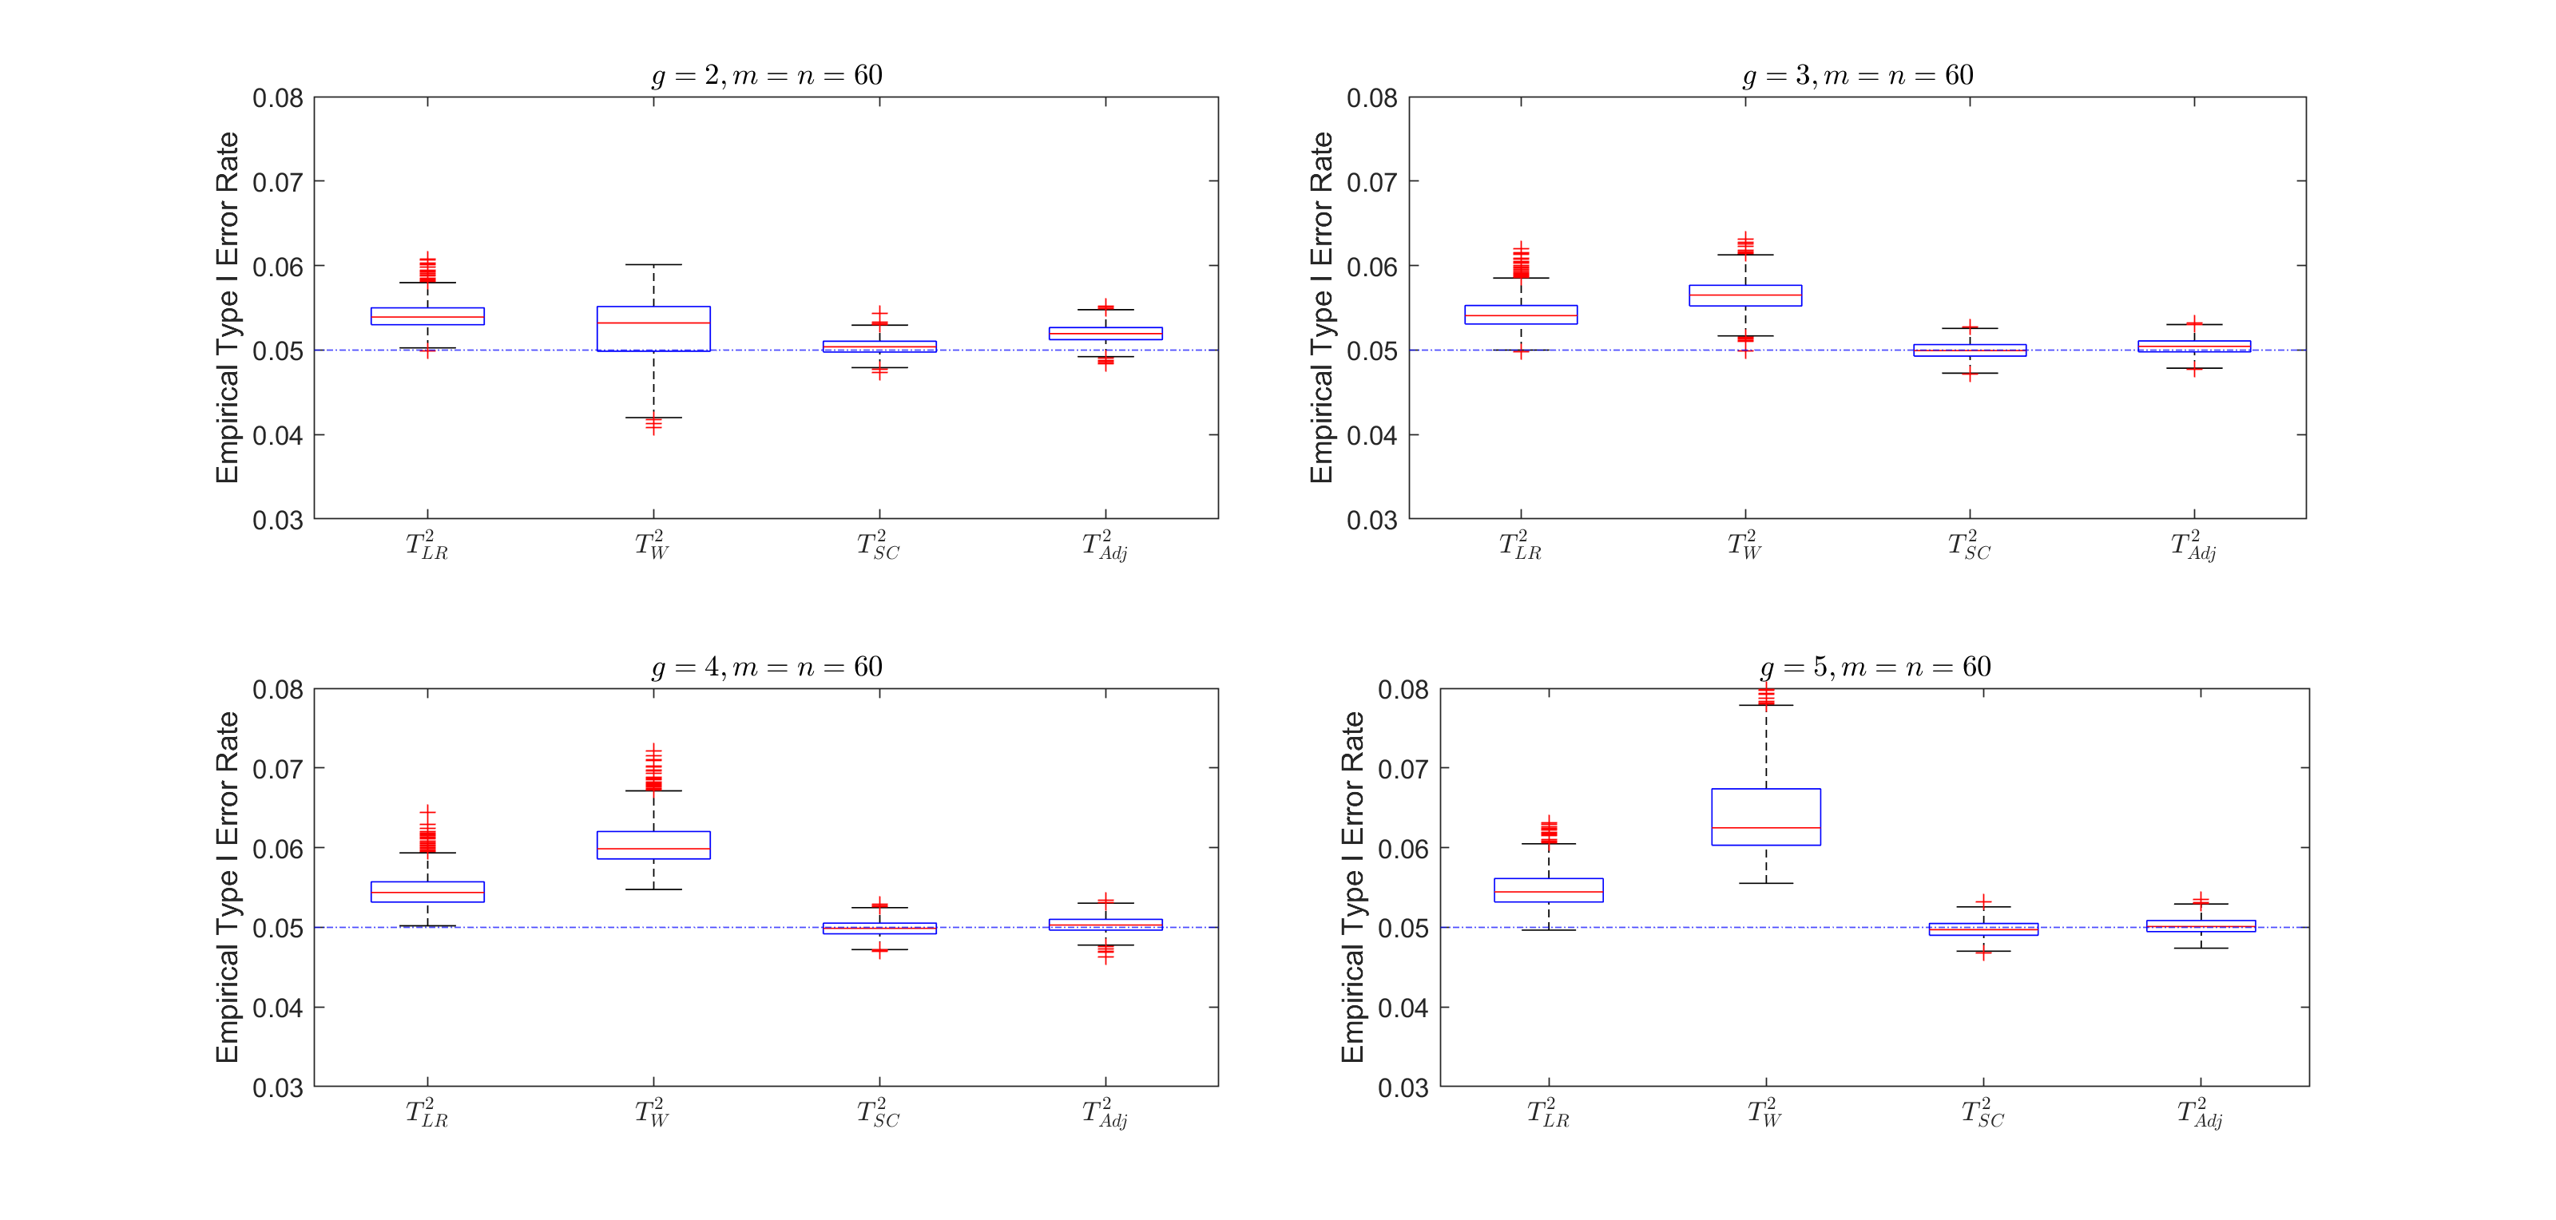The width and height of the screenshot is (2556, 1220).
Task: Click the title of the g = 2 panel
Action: (767, 75)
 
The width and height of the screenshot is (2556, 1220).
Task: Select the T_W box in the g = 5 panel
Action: (1765, 816)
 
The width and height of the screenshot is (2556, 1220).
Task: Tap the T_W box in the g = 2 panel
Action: (653, 328)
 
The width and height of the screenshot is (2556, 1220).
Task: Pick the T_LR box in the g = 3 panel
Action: (1520, 315)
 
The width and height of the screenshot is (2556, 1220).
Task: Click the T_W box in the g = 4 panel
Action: (653, 845)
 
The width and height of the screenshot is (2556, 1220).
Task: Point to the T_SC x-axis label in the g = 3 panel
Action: (1969, 545)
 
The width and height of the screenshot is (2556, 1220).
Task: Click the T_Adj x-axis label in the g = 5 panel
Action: (2200, 1113)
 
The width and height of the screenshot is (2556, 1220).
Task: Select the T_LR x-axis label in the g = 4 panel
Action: (427, 1113)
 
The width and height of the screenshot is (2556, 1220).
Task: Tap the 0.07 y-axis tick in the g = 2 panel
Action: (278, 183)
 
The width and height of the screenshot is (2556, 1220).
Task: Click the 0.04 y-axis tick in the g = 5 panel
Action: (1403, 1008)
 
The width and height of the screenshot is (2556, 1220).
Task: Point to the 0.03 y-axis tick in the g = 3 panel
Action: (1372, 520)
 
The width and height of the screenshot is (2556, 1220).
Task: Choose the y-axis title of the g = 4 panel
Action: (227, 887)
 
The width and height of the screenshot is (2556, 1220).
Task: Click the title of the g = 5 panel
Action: (1875, 667)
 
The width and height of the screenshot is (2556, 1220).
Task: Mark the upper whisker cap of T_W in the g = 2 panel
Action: (653, 265)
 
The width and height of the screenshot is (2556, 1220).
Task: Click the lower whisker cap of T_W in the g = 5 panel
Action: (1765, 883)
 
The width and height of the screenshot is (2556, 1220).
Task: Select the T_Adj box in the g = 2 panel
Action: (1105, 333)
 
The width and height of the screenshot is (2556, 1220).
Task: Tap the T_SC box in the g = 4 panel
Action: (879, 929)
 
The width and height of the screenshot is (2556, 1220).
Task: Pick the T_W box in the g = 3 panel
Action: (1745, 295)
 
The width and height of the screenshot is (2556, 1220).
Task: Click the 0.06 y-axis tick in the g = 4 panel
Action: (278, 849)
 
